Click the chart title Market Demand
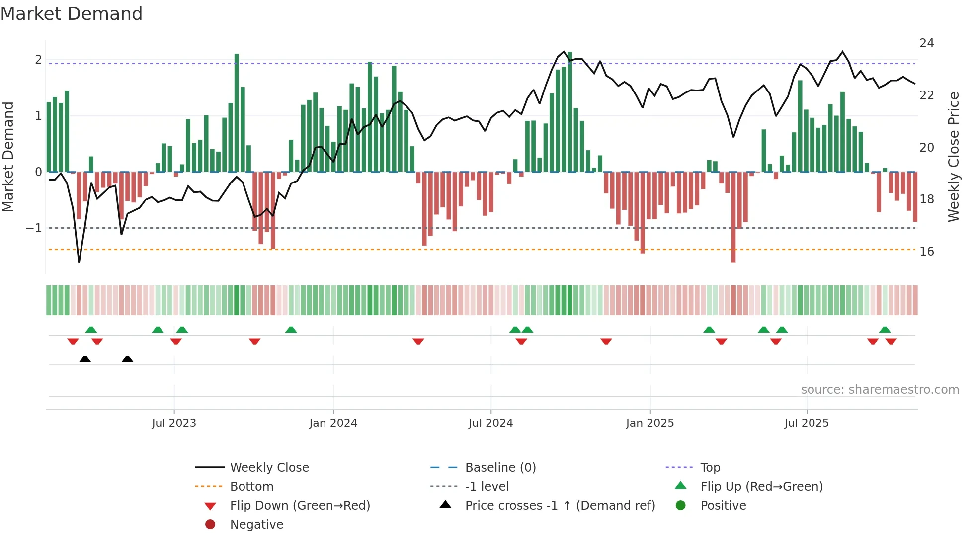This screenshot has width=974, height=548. tap(72, 14)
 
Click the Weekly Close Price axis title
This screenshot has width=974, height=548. tap(953, 157)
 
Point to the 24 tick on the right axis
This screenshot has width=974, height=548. tap(926, 43)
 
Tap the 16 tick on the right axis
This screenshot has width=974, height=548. tap(926, 252)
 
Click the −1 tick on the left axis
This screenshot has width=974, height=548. tap(34, 228)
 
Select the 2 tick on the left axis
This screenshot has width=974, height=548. tap(38, 60)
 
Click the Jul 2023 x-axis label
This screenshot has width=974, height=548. tap(174, 423)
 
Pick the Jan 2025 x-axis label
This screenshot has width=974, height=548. tap(649, 423)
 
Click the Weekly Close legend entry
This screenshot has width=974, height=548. tap(269, 468)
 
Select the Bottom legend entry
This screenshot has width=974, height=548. tap(251, 487)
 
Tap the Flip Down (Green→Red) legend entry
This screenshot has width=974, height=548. tap(300, 506)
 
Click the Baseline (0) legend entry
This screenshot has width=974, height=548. tap(500, 468)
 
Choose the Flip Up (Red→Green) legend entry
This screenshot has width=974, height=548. tap(761, 487)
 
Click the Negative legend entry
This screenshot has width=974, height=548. tap(256, 525)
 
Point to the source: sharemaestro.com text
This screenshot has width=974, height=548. tap(880, 390)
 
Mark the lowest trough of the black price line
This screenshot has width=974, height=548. tap(79, 261)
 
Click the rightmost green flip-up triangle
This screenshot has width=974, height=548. tap(885, 330)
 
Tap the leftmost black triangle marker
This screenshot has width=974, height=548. tap(85, 359)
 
